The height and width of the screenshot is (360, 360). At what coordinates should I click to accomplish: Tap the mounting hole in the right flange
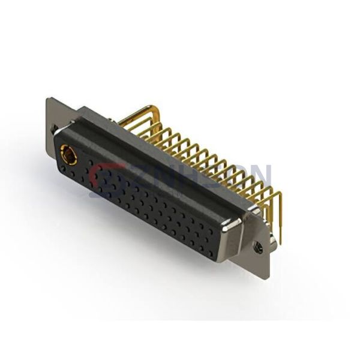click(x=259, y=245)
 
